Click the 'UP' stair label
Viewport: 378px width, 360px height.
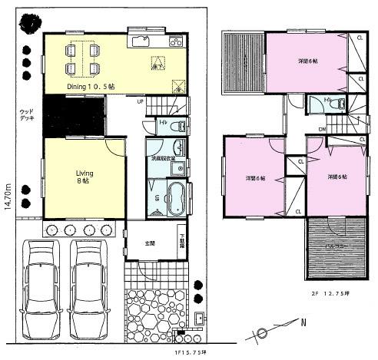[x=140, y=101]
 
